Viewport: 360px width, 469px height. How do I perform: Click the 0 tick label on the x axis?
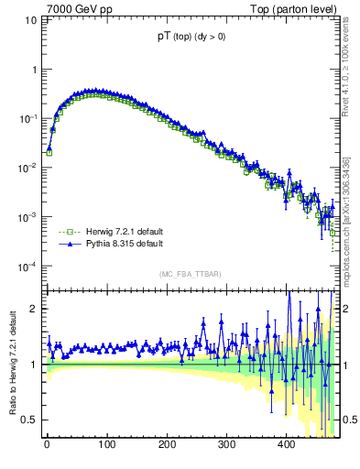pyautogui.click(x=47, y=445)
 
